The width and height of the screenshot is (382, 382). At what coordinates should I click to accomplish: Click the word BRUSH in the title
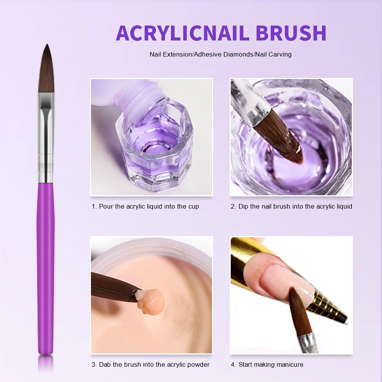point(291,33)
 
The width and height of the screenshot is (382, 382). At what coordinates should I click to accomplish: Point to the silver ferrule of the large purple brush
point(46,138)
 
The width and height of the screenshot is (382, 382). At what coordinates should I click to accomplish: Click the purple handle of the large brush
point(46,267)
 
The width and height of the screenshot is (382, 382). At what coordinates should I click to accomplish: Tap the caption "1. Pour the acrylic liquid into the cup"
point(145,206)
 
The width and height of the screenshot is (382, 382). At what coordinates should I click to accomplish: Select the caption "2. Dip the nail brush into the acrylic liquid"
point(291,206)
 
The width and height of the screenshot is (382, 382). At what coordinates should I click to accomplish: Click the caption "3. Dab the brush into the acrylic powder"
point(151,364)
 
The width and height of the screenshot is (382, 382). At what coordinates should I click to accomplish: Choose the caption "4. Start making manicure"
point(267,364)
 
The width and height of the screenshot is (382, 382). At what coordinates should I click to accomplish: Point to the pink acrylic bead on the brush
point(151,300)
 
